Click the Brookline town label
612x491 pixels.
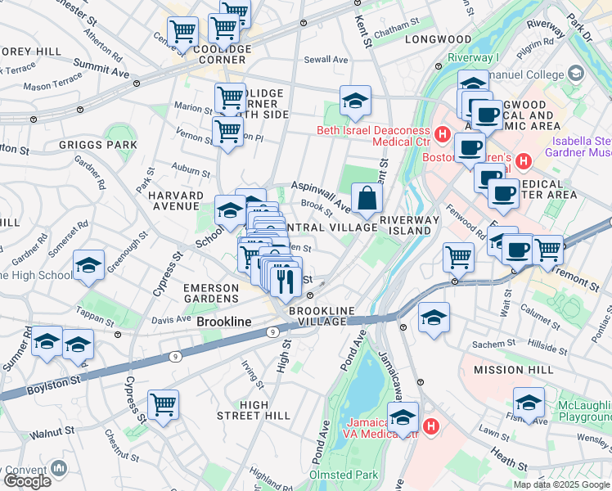(x=224, y=322)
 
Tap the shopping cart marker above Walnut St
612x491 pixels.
(x=164, y=404)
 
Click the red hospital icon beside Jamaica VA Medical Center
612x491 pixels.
(x=432, y=426)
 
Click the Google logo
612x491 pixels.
(x=27, y=480)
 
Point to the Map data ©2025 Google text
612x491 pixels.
(x=560, y=484)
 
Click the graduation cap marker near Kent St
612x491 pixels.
(x=355, y=101)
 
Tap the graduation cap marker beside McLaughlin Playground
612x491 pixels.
(x=529, y=403)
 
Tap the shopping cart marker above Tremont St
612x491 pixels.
(x=547, y=250)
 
